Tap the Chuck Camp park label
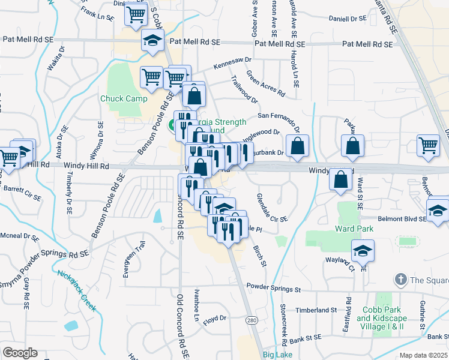120,98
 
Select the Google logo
20,353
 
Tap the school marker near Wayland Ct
363,250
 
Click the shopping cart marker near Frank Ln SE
137,13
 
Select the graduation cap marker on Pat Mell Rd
152,40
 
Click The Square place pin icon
400,279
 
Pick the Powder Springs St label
273,289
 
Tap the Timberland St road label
316,310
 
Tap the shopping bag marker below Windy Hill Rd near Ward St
341,179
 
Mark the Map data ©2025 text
423,356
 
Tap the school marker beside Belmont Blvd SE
438,211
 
